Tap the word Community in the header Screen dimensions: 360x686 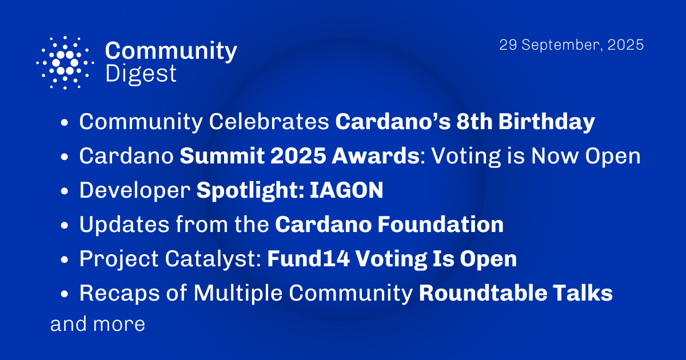pyautogui.click(x=171, y=51)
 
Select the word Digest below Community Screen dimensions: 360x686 pyautogui.click(x=141, y=74)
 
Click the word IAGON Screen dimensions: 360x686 pyautogui.click(x=347, y=191)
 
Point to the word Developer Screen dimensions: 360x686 pyautogui.click(x=134, y=191)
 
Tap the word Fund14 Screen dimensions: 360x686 pyautogui.click(x=308, y=259)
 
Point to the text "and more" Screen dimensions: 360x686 pyautogui.click(x=98, y=325)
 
